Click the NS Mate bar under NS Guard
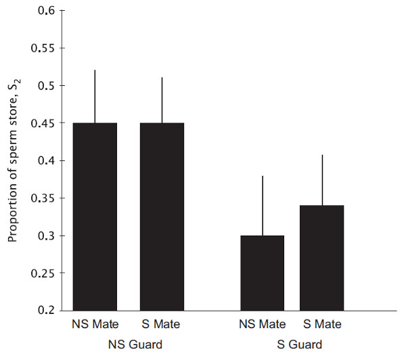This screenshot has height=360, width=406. tap(95, 217)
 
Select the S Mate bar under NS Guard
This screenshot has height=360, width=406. tap(162, 217)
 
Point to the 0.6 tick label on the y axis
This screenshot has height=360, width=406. tap(45, 11)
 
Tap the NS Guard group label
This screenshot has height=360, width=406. tap(135, 345)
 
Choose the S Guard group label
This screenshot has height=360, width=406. tap(298, 345)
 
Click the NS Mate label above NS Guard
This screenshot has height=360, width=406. tap(95, 325)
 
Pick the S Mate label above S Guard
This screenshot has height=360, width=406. tap(322, 325)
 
